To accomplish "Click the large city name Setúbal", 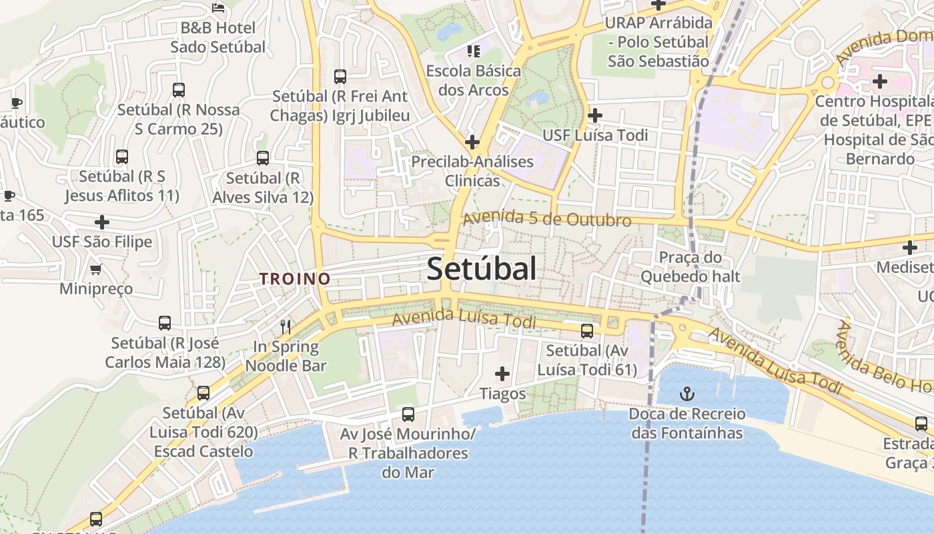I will (481, 269).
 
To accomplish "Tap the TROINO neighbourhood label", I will (295, 279).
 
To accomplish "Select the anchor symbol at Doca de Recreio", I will (686, 393).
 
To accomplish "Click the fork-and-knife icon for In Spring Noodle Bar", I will (286, 326).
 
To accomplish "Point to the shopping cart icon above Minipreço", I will (96, 269).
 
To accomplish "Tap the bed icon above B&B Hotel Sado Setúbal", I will (218, 7).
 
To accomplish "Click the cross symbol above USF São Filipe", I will (102, 222).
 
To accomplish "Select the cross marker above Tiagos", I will (502, 374).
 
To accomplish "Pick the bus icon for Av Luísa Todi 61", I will (587, 330).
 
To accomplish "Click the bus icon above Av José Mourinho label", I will (408, 414).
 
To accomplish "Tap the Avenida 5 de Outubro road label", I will (547, 219).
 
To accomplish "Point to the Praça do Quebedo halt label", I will (690, 266).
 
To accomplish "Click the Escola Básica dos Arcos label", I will (473, 80).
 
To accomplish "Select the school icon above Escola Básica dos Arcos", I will (474, 51).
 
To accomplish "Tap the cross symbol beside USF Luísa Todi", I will (594, 115).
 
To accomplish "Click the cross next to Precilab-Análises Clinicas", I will (472, 142).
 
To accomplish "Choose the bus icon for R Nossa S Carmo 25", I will (178, 89).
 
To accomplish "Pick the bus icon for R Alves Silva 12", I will (263, 158).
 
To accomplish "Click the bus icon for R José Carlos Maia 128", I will (165, 323).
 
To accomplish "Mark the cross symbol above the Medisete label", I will (910, 248).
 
